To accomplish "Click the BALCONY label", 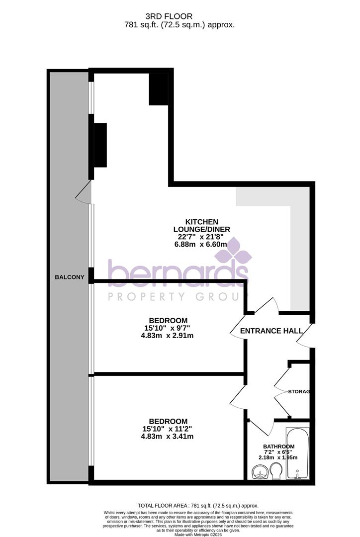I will [x=70, y=277].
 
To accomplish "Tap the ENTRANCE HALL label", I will [x=271, y=331].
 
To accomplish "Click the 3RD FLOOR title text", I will [x=180, y=16].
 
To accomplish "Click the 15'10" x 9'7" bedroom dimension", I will [x=168, y=328].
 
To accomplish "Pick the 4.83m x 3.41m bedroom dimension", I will [x=168, y=437].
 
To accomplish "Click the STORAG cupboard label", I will [x=299, y=392].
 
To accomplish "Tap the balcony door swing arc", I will [x=84, y=193].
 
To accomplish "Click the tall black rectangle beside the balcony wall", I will [x=100, y=145].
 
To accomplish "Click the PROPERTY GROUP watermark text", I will [x=178, y=297].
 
